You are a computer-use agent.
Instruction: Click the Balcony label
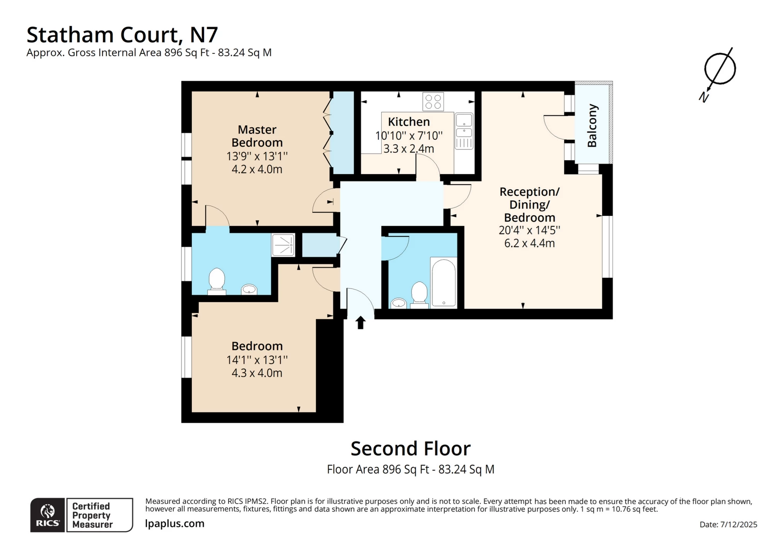click(592, 126)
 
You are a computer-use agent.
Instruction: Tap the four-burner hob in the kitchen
click(433, 101)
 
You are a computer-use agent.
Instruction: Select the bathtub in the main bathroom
click(444, 282)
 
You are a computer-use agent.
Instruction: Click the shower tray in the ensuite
click(283, 245)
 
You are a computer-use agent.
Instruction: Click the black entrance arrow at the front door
click(360, 322)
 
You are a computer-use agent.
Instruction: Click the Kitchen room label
click(409, 122)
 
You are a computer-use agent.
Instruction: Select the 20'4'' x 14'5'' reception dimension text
click(529, 230)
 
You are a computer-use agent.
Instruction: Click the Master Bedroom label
click(257, 136)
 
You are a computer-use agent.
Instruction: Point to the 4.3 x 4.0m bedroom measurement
click(257, 373)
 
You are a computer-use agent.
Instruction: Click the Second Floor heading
click(410, 449)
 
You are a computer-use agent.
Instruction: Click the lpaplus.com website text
click(174, 523)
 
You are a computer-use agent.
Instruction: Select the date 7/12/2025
click(738, 525)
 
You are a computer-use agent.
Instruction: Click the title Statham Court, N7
click(122, 35)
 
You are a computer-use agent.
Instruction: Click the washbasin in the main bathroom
click(398, 303)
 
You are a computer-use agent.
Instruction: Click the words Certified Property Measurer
click(92, 515)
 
